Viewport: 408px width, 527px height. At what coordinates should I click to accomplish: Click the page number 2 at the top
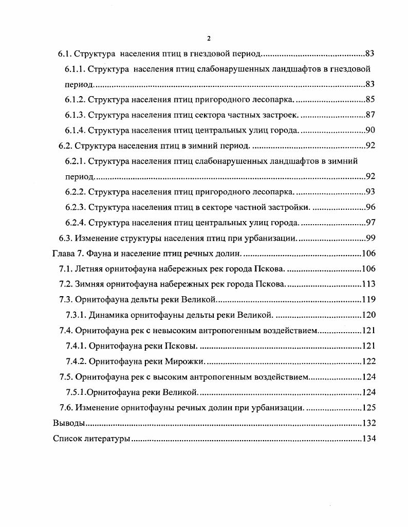point(209,38)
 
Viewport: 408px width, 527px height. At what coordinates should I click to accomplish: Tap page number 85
point(370,99)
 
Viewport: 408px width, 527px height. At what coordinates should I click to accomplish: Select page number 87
point(370,115)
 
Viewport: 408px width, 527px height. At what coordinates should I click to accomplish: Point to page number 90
point(370,130)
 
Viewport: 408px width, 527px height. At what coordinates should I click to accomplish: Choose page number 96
point(370,207)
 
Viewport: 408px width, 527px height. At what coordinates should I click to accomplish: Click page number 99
point(370,238)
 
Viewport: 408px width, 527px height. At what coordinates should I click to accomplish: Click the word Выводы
point(68,423)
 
